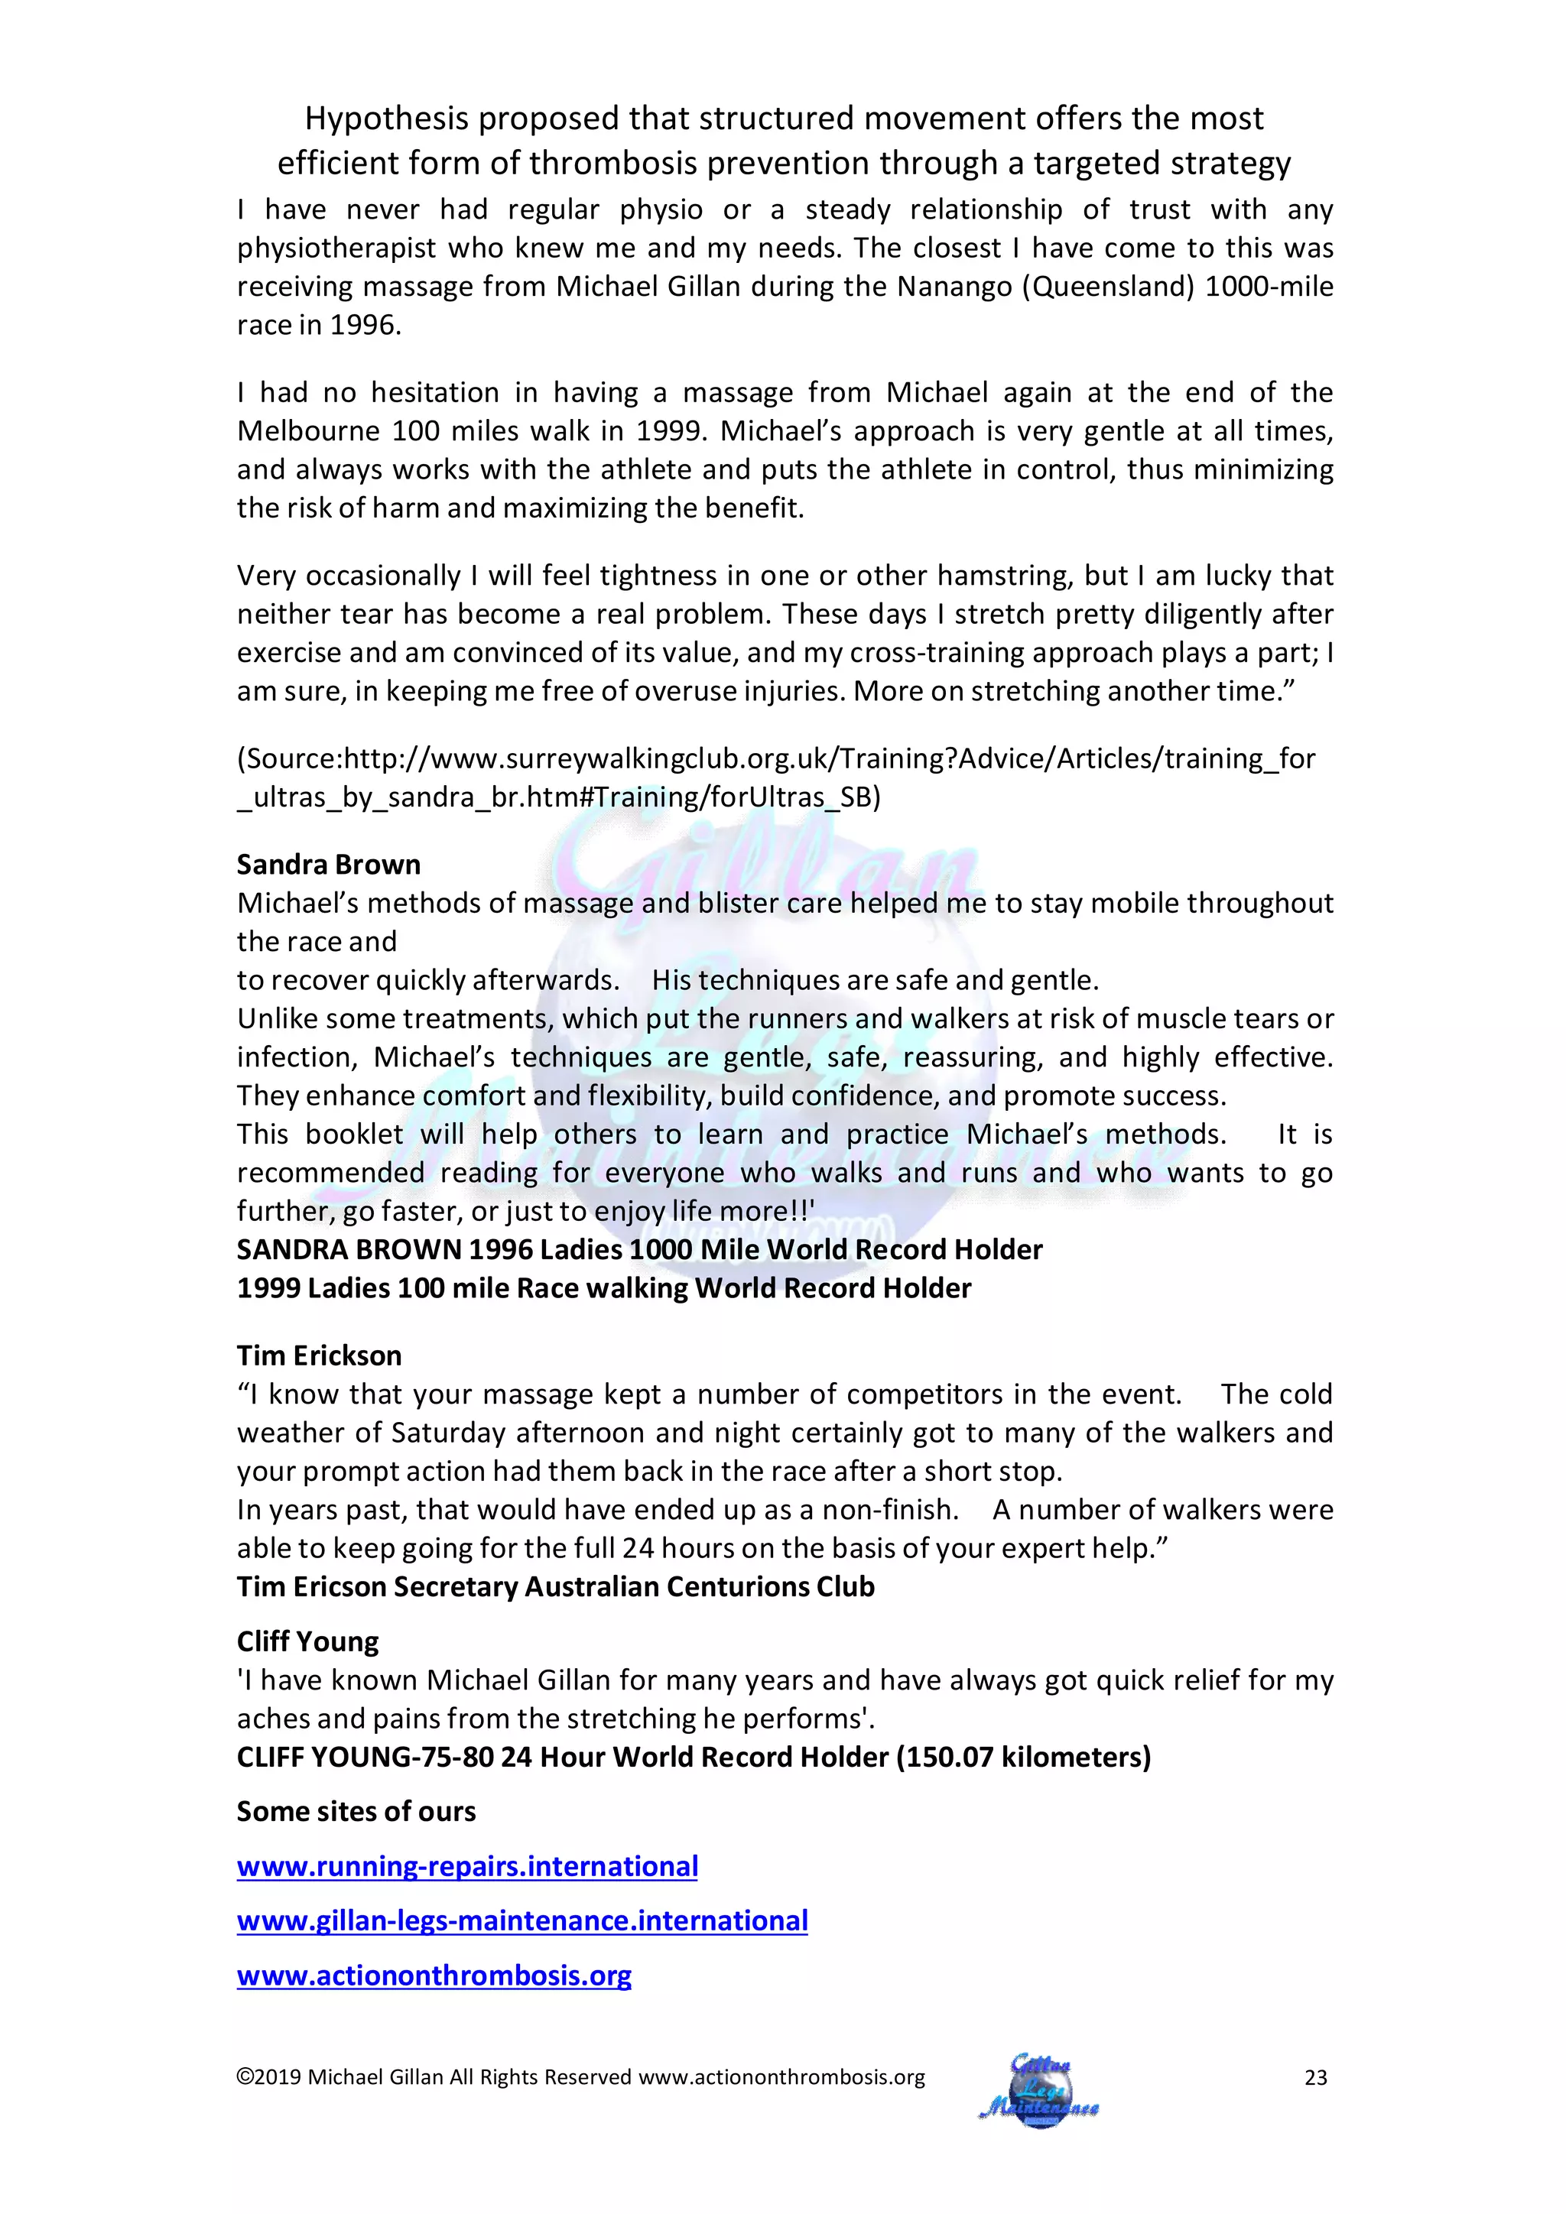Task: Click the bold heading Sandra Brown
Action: tap(329, 864)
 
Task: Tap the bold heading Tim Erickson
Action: tap(319, 1355)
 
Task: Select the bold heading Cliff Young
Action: tap(307, 1641)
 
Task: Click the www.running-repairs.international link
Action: tap(466, 1866)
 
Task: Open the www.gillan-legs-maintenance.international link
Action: tap(521, 1921)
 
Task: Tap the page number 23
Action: tap(1315, 2078)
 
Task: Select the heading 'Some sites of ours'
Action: tap(356, 1811)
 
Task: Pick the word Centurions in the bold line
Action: tap(739, 1586)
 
